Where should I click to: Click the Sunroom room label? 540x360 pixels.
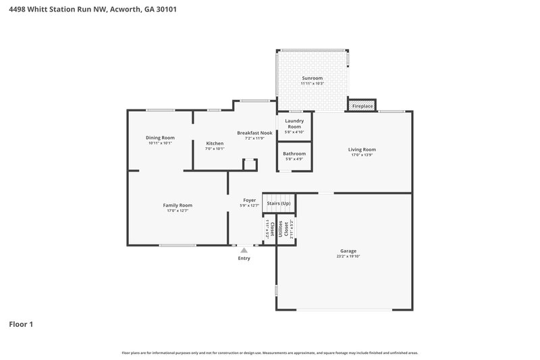[x=313, y=78]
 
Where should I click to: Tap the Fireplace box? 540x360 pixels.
[x=362, y=106]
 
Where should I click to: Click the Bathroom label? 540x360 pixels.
[x=294, y=154]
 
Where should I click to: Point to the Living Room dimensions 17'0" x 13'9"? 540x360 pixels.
[x=362, y=155]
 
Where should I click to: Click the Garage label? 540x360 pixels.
[x=348, y=251]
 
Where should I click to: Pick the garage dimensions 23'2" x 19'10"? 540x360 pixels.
[x=348, y=257]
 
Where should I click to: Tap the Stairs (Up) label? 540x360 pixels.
[x=279, y=203]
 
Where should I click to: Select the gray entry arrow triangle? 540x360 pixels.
[x=244, y=250]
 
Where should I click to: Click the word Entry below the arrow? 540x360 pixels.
[x=244, y=258]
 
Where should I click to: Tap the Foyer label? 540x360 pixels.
[x=249, y=200]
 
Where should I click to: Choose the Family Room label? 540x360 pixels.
[x=178, y=205]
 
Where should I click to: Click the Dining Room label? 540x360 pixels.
[x=160, y=138]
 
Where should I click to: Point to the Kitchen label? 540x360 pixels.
[x=215, y=143]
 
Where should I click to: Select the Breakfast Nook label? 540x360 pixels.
[x=254, y=133]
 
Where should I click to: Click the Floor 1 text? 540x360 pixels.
[x=21, y=324]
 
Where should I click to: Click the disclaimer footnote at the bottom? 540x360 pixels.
[x=270, y=353]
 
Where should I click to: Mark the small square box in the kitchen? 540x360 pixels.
[x=250, y=164]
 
